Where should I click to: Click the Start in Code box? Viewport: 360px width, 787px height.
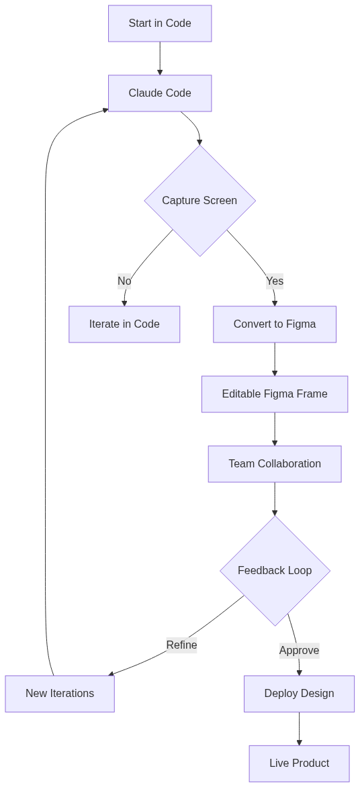(160, 24)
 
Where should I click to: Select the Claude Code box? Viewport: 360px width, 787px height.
(160, 93)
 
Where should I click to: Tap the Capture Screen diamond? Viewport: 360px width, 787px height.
(199, 201)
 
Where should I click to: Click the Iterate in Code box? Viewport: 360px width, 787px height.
(124, 324)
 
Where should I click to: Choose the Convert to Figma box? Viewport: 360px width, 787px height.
(275, 324)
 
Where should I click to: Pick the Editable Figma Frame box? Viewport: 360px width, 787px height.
(275, 394)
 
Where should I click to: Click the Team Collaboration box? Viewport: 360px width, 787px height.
(275, 464)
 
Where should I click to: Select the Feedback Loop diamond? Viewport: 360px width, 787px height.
(275, 571)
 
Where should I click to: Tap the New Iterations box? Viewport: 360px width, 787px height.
(60, 694)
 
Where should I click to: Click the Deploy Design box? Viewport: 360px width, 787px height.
(299, 694)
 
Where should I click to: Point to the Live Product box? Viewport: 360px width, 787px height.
(299, 763)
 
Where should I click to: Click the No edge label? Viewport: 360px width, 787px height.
(124, 281)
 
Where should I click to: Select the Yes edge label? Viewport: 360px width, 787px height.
(275, 281)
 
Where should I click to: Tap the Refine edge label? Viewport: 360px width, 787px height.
(181, 645)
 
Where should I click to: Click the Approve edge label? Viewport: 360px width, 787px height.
(299, 650)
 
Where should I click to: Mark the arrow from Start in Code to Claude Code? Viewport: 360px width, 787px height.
(160, 58)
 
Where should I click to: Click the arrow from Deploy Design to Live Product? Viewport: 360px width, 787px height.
(299, 729)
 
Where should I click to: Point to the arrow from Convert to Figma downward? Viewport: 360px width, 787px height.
(275, 359)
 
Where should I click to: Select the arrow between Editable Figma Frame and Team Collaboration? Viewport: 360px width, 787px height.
(275, 429)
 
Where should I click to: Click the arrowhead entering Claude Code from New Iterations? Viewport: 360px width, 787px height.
(105, 110)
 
